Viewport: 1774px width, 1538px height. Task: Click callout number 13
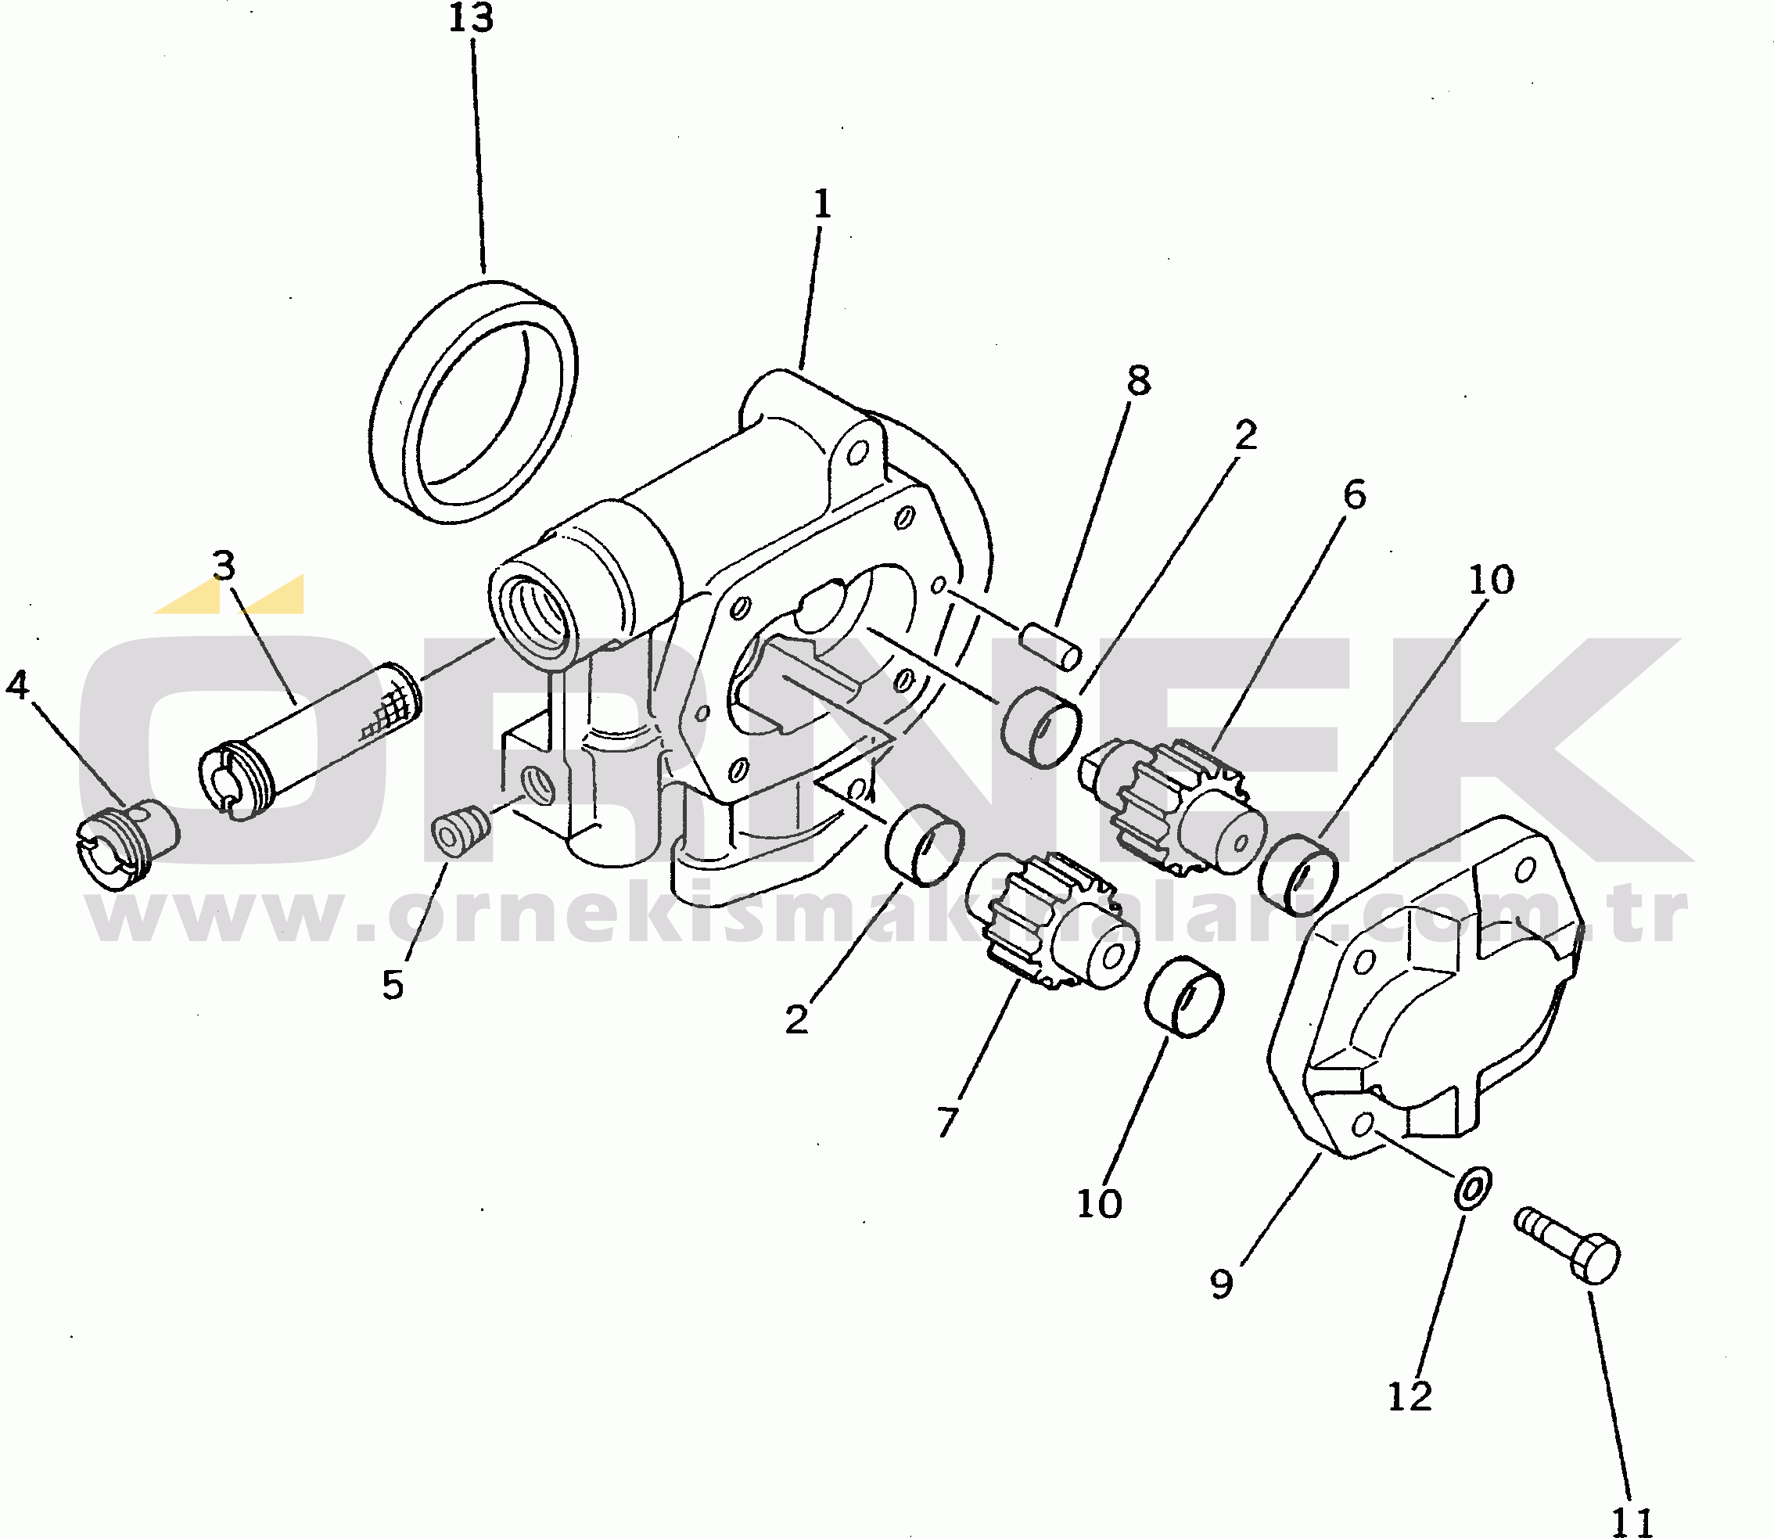(x=471, y=18)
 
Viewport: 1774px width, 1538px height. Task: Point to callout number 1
(x=822, y=205)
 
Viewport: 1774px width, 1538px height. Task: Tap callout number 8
(x=1138, y=380)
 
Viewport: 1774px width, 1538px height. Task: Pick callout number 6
(x=1353, y=495)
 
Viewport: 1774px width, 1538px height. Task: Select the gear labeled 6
(x=1174, y=808)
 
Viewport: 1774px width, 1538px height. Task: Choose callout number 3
(x=224, y=566)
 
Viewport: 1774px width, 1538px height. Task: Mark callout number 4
(x=17, y=685)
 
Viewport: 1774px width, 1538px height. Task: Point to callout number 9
(x=1221, y=1284)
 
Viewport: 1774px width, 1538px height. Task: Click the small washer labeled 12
(x=1473, y=1188)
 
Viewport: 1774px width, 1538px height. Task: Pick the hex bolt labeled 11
(x=1568, y=1245)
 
